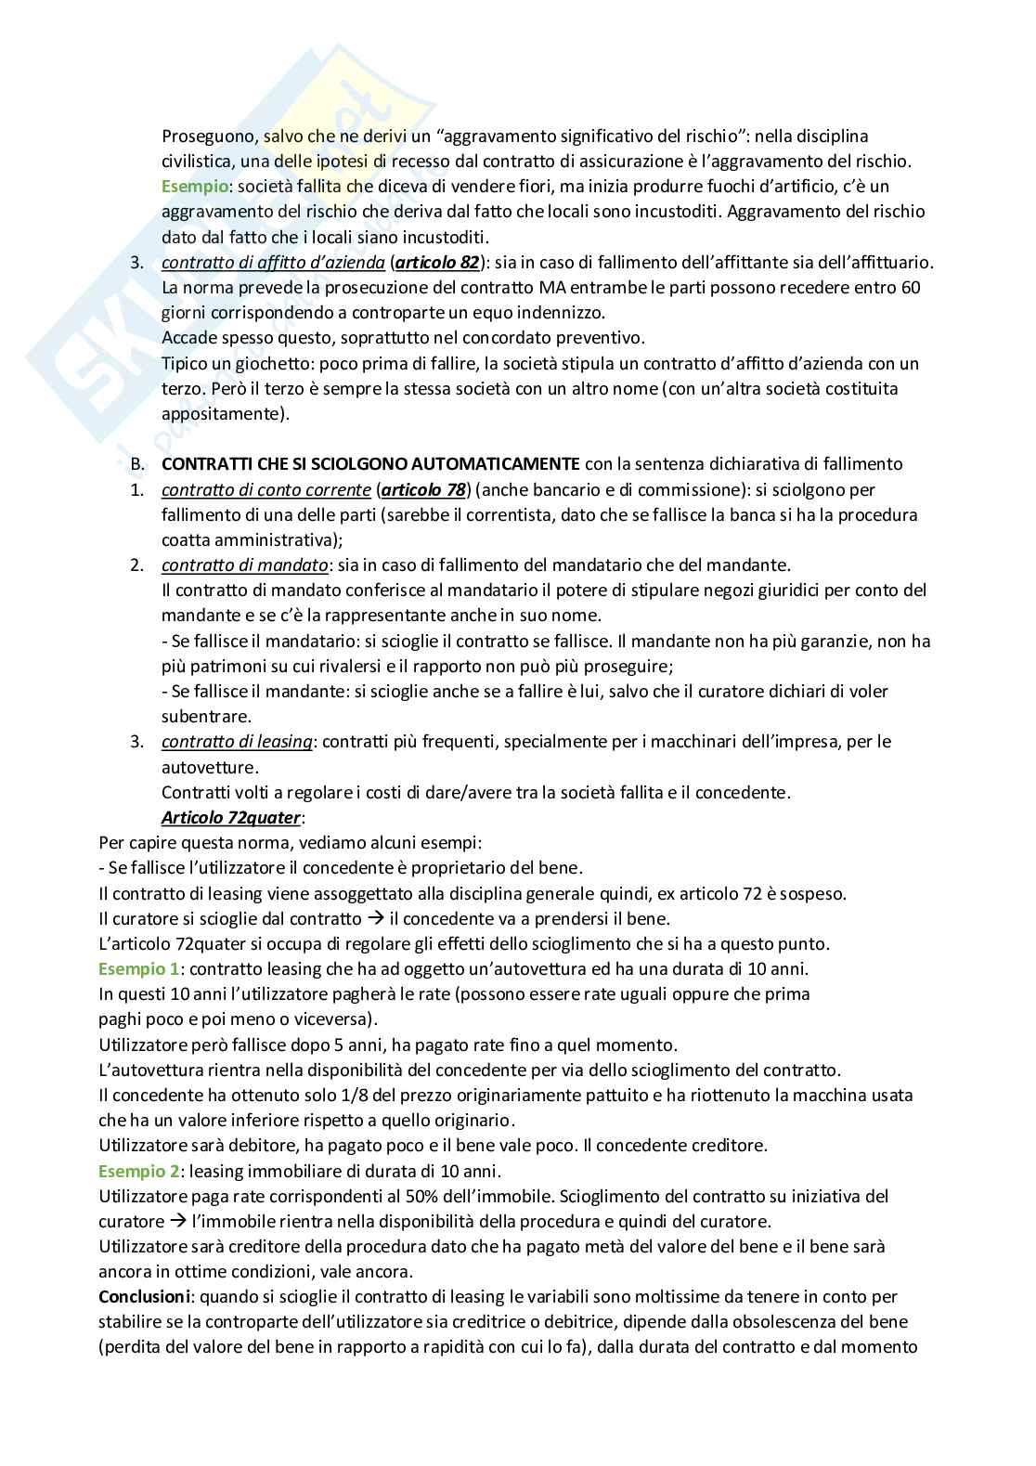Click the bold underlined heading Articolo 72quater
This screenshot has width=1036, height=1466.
tap(232, 818)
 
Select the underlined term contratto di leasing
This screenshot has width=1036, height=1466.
tap(237, 742)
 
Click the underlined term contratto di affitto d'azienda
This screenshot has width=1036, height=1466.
tap(273, 263)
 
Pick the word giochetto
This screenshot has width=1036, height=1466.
tap(254, 363)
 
